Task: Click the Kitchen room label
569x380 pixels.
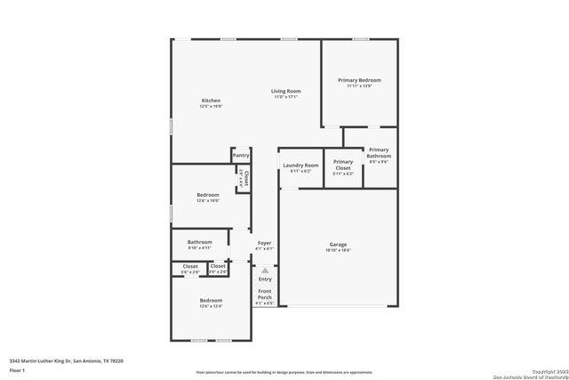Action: coord(211,101)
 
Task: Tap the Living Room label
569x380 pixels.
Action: coord(285,91)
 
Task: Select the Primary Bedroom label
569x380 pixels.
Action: coord(359,80)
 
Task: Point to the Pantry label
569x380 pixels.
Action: coord(241,155)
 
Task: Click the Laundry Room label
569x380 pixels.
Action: coord(301,166)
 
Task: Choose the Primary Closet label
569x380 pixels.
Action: coord(343,165)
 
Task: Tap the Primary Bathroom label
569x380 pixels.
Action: coord(379,152)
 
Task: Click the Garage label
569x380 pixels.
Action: coord(338,244)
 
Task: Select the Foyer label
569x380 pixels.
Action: coord(265,243)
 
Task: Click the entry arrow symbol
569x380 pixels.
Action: coord(264,270)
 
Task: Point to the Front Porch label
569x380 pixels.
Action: coord(265,294)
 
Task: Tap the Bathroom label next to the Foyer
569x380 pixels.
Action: coord(199,242)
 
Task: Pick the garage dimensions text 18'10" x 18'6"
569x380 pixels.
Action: coord(338,250)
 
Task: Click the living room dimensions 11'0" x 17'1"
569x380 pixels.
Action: coord(285,97)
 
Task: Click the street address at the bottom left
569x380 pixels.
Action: coord(66,360)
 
